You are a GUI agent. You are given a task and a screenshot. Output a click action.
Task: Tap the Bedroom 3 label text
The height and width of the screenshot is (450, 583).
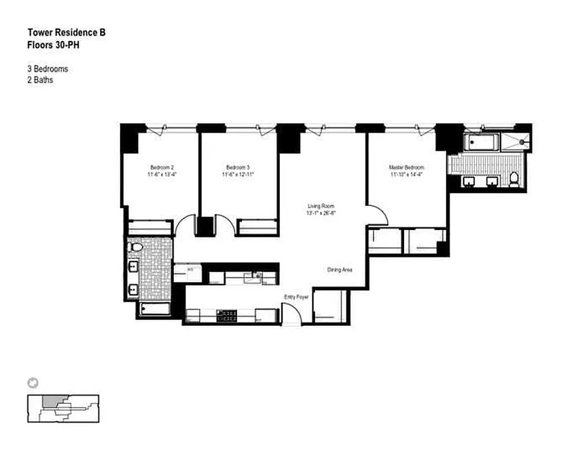click(238, 168)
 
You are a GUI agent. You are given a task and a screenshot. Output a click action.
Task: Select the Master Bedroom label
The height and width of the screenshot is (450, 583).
click(406, 168)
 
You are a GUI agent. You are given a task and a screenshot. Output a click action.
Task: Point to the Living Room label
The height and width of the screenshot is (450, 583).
click(321, 206)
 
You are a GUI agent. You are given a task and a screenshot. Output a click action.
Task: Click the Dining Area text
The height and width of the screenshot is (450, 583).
click(339, 270)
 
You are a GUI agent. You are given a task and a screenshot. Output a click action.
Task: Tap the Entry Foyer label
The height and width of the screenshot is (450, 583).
click(296, 296)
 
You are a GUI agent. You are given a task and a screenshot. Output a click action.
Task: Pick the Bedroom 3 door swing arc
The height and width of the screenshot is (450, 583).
click(225, 226)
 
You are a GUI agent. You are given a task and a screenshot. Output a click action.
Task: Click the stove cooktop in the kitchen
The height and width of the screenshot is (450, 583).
click(226, 316)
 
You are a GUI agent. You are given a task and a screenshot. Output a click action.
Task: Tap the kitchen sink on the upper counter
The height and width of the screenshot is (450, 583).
click(256, 276)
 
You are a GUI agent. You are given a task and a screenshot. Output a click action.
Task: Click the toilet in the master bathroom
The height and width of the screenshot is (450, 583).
click(513, 179)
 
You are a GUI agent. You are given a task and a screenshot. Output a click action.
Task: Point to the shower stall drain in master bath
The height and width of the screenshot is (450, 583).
click(522, 142)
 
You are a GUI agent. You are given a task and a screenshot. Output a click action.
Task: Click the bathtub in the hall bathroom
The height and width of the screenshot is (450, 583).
click(154, 309)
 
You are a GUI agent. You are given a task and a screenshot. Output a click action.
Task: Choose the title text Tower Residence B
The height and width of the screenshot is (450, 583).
click(66, 33)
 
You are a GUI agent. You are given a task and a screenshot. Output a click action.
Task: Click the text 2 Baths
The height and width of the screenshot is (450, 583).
click(41, 80)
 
